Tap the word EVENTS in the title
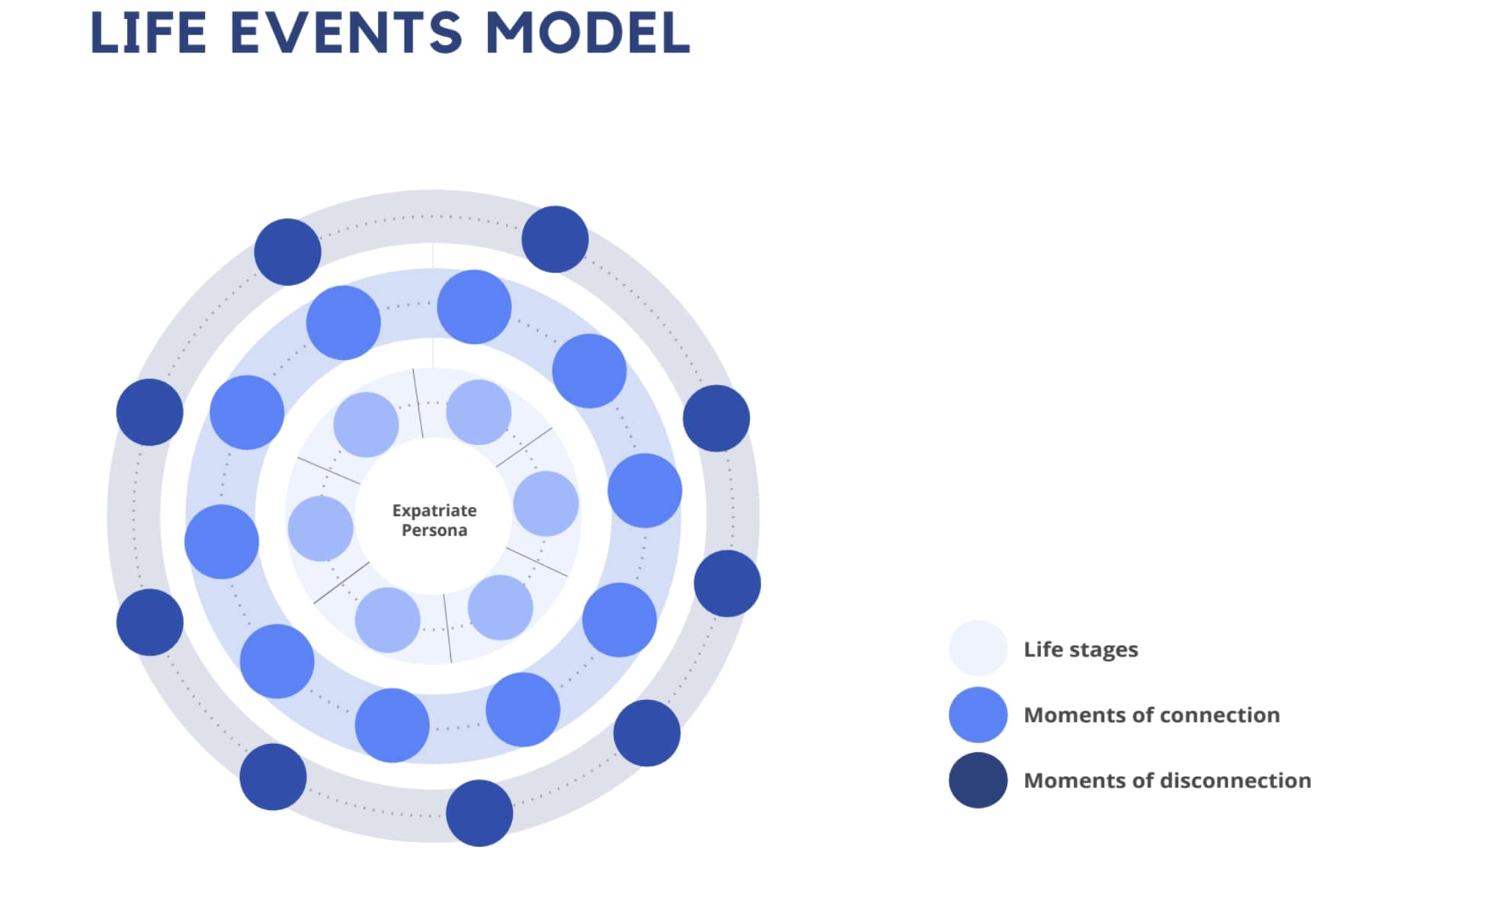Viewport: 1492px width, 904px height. click(x=345, y=33)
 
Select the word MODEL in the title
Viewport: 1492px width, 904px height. click(x=587, y=33)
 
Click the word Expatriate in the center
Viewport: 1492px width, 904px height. click(x=434, y=510)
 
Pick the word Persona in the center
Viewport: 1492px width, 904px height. click(x=434, y=530)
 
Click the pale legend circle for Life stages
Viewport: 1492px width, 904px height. click(x=978, y=648)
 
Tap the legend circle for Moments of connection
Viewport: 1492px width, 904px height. click(x=978, y=714)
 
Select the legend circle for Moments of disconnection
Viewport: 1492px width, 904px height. click(x=978, y=780)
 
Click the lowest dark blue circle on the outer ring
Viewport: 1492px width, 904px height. click(x=479, y=813)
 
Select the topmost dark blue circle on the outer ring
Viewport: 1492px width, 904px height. click(x=555, y=239)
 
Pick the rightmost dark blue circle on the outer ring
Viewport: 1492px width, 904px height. click(x=727, y=583)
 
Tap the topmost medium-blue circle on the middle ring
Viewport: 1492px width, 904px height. click(x=474, y=306)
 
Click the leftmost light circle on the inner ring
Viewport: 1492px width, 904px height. click(x=320, y=528)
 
